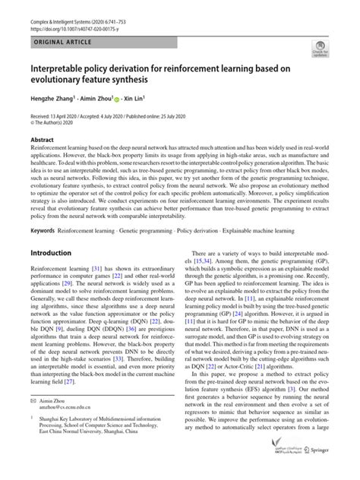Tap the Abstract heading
[x=43, y=140]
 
